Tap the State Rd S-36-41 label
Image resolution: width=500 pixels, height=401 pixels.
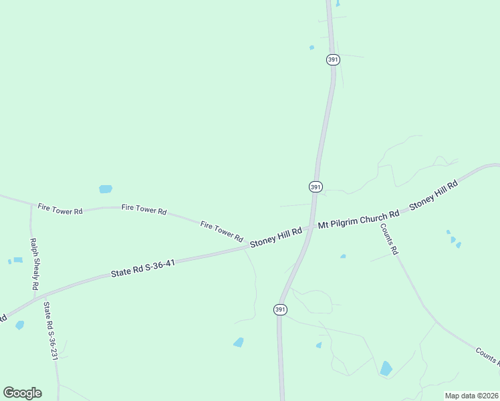tap(143, 268)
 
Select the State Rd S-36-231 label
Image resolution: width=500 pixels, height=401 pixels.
tap(49, 331)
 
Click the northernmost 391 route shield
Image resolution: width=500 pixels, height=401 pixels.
tap(334, 59)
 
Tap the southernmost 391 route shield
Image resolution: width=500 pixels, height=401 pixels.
tap(280, 309)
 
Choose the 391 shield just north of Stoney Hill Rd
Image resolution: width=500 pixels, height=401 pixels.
tap(316, 186)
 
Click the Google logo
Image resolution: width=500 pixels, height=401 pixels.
tap(22, 392)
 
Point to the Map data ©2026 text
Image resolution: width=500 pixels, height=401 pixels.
tap(471, 396)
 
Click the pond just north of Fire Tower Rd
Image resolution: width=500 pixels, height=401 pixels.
tap(106, 189)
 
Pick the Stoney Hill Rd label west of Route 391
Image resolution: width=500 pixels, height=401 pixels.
tap(275, 237)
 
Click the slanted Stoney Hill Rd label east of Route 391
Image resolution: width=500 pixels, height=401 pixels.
tap(433, 195)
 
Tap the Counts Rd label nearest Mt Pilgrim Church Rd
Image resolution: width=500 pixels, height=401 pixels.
tap(389, 239)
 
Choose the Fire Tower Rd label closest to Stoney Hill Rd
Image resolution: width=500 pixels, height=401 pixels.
tap(221, 231)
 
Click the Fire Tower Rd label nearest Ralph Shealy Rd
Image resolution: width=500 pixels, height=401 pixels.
tap(60, 209)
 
